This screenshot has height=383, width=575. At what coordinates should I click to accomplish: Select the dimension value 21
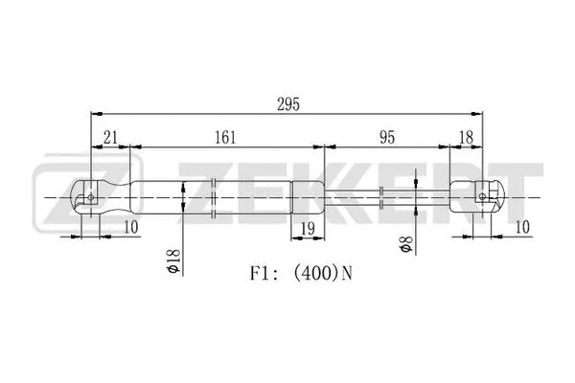pyautogui.click(x=110, y=138)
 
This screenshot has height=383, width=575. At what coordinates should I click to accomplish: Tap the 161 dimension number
pyautogui.click(x=225, y=138)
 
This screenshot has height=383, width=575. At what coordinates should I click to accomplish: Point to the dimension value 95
pyautogui.click(x=386, y=138)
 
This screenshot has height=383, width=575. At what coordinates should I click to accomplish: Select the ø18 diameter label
pyautogui.click(x=173, y=259)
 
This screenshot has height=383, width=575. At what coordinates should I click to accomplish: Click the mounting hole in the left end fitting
pyautogui.click(x=90, y=198)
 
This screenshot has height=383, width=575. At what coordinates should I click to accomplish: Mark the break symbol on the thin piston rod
pyautogui.click(x=382, y=198)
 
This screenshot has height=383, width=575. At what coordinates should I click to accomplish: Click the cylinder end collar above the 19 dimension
pyautogui.click(x=308, y=198)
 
